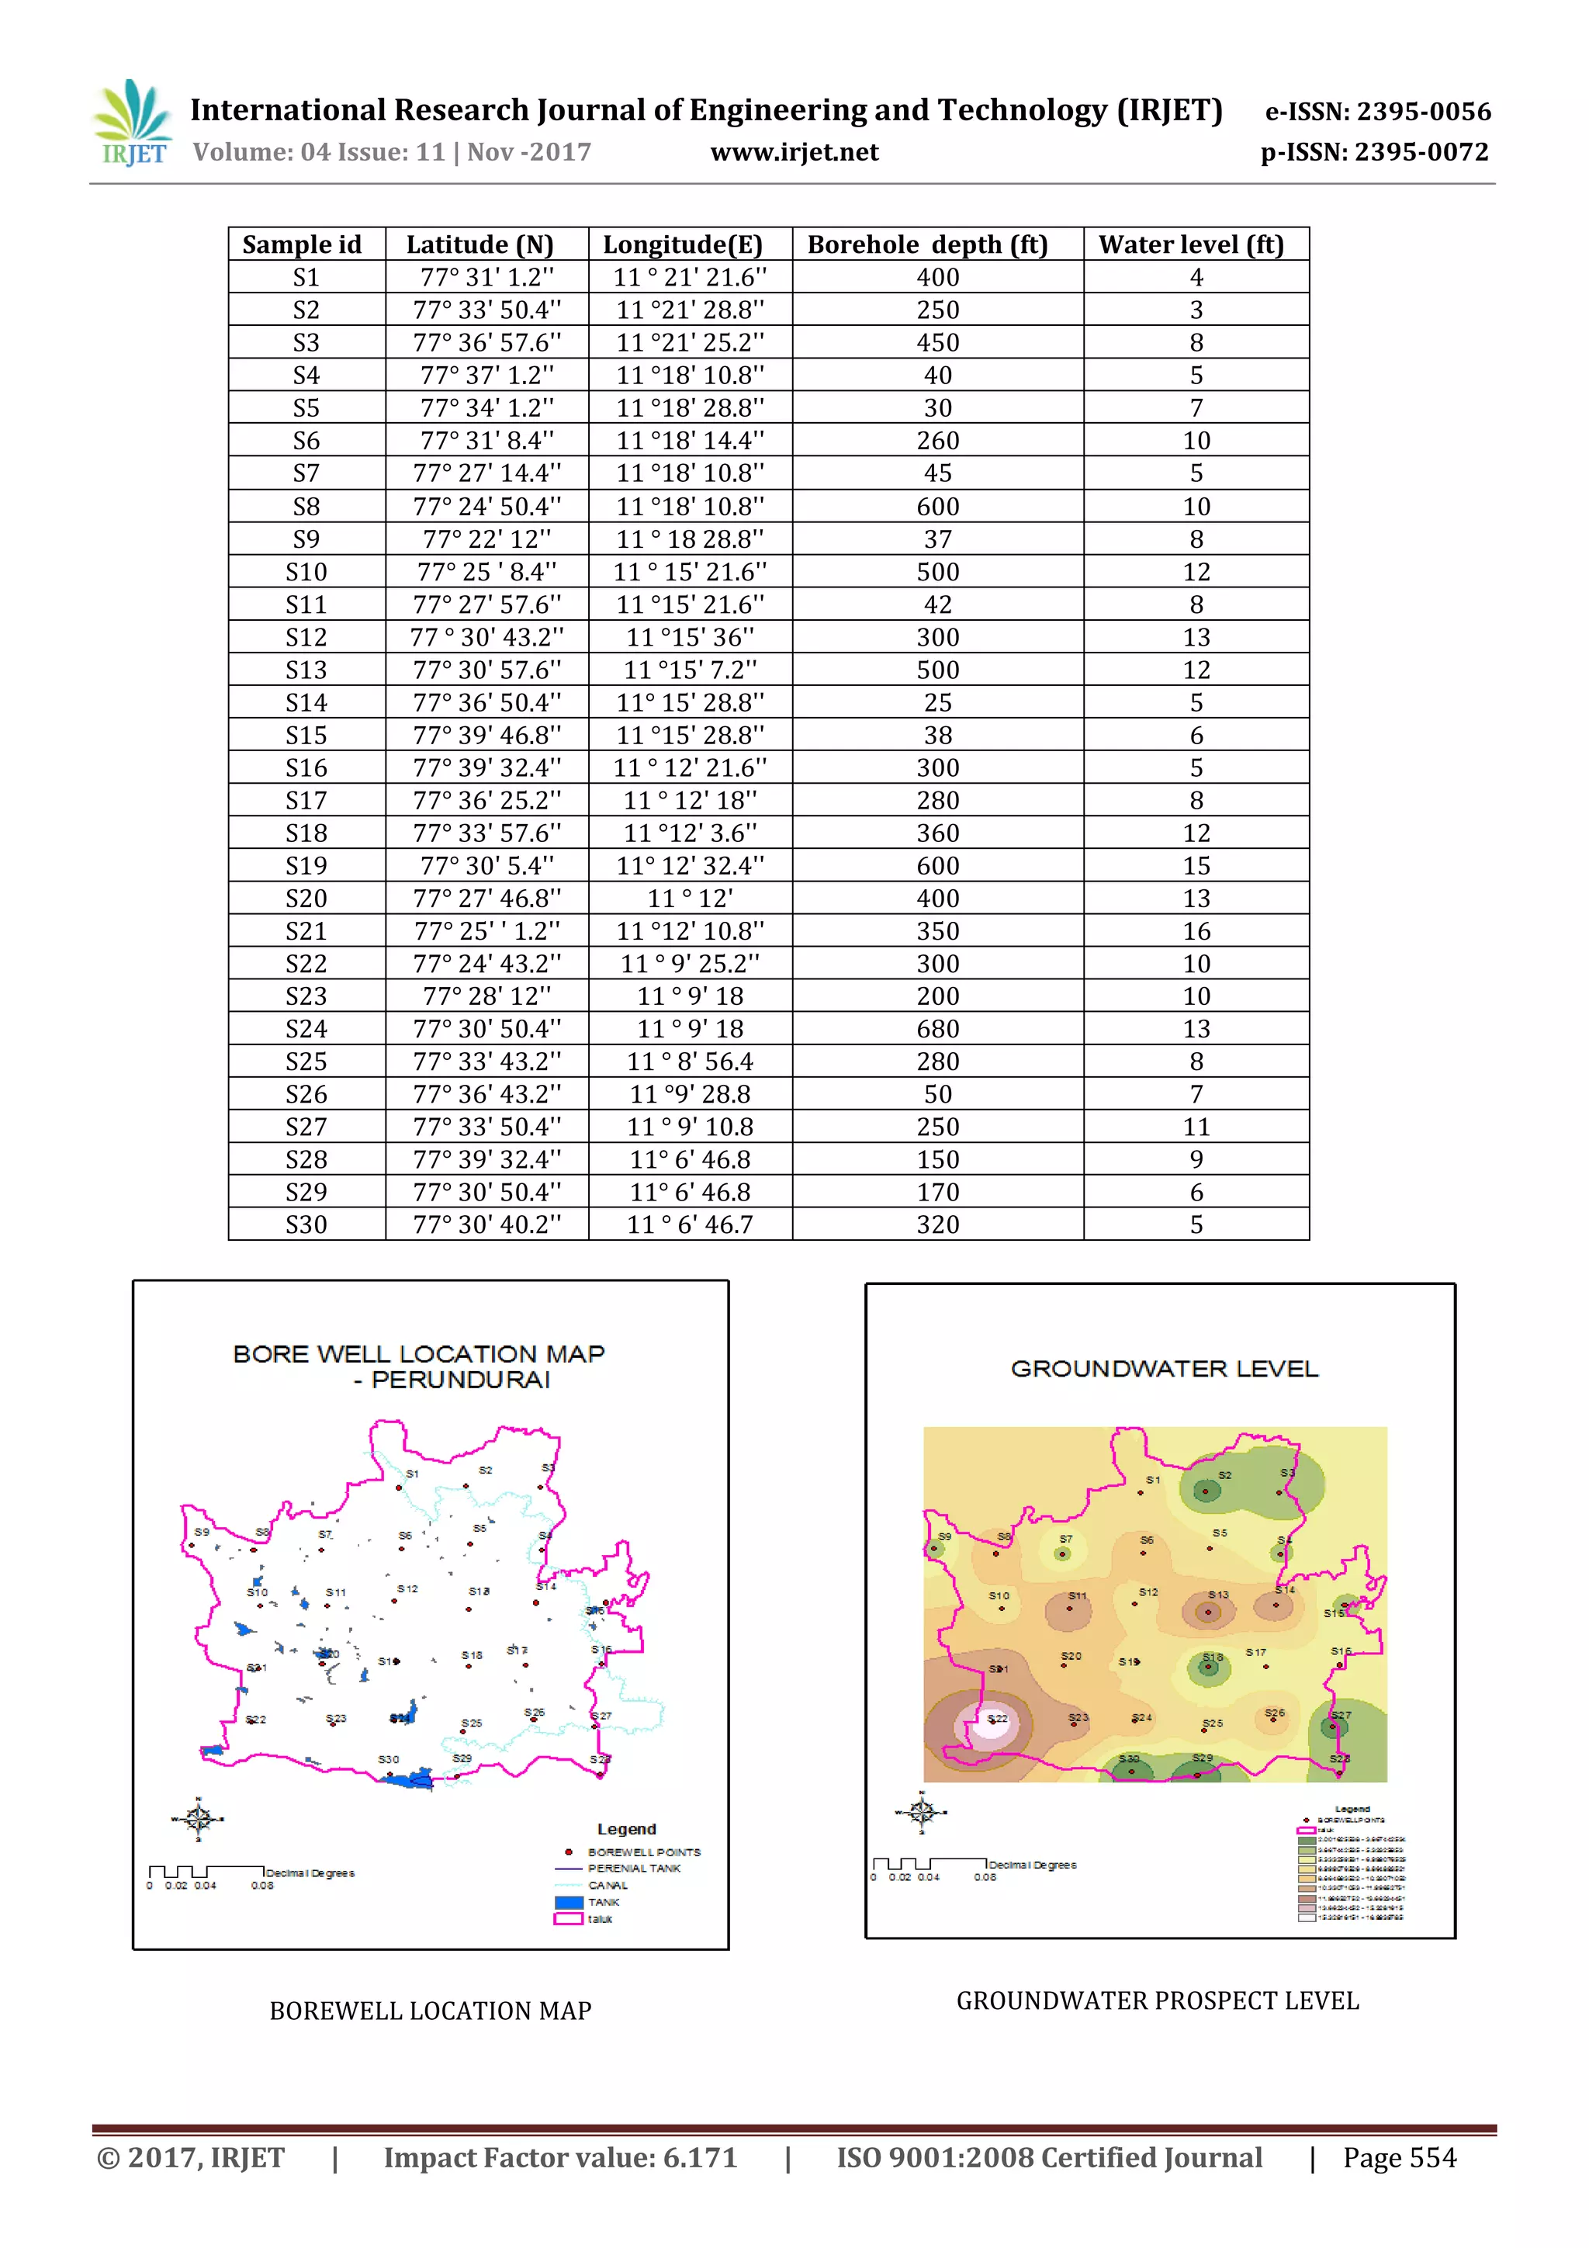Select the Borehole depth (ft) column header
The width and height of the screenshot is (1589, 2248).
click(x=927, y=244)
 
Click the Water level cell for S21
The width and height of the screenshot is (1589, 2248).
click(x=1196, y=930)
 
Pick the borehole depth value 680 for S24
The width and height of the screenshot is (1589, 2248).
click(x=937, y=1028)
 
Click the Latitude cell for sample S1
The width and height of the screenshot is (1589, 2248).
click(x=486, y=277)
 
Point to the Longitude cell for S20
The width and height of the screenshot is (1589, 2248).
click(x=689, y=898)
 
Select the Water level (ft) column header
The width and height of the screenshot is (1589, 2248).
click(x=1190, y=244)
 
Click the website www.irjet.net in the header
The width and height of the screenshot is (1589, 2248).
click(x=794, y=152)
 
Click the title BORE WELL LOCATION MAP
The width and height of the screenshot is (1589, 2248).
click(x=419, y=1354)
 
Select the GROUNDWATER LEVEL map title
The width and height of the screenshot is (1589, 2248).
click(x=1164, y=1368)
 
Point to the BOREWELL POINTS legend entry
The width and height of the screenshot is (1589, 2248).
click(x=643, y=1851)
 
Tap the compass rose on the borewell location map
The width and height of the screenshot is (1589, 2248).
click(x=199, y=1818)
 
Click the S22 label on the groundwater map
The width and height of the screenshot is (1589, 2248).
click(x=997, y=1718)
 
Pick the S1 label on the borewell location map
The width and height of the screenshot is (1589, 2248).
click(x=412, y=1474)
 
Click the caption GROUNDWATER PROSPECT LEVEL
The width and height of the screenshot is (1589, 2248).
click(x=1158, y=2000)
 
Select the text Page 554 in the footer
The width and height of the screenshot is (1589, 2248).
click(x=1399, y=2157)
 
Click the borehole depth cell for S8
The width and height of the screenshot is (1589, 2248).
click(x=937, y=506)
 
